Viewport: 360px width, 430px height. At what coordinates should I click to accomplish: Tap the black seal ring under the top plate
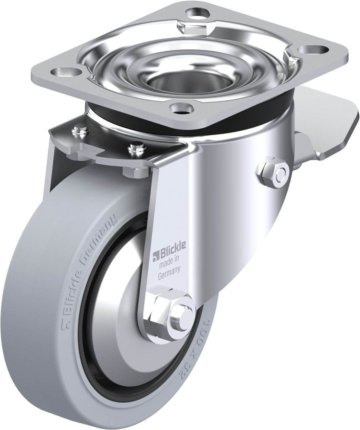point(262,117)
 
